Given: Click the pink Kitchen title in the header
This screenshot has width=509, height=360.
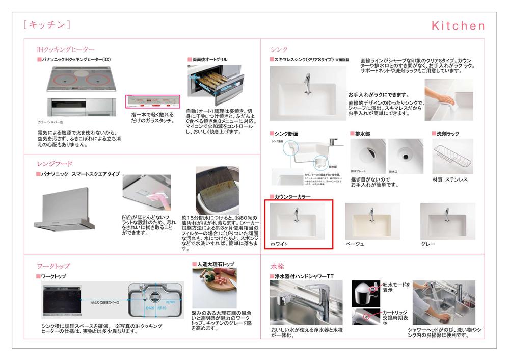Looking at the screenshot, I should (x=458, y=26).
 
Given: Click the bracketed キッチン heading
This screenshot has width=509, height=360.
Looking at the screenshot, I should (x=46, y=25).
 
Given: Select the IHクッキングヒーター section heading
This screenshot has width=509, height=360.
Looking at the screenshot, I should (x=66, y=49).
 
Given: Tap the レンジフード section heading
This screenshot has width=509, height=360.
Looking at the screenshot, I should (x=55, y=164).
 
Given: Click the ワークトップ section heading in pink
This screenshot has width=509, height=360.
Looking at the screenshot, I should (x=53, y=266).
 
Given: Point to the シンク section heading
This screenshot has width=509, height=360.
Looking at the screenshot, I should (x=279, y=49).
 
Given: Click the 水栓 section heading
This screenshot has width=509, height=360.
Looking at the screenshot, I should (x=278, y=266).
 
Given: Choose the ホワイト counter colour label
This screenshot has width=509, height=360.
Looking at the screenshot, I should (x=279, y=244).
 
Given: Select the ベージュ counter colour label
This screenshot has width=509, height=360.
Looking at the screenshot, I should (x=355, y=244).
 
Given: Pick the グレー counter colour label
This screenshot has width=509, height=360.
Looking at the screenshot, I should (x=428, y=244).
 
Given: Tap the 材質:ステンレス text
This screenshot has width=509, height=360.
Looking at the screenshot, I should (x=449, y=179).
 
